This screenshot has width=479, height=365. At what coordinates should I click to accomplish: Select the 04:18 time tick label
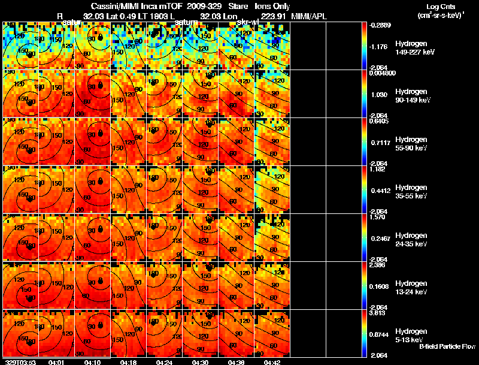[x=128, y=362]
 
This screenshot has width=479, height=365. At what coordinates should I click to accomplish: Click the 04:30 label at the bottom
[x=200, y=362]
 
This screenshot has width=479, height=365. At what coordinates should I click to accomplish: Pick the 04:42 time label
[x=272, y=362]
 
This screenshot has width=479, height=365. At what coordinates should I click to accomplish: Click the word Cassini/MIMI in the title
[x=111, y=7]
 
